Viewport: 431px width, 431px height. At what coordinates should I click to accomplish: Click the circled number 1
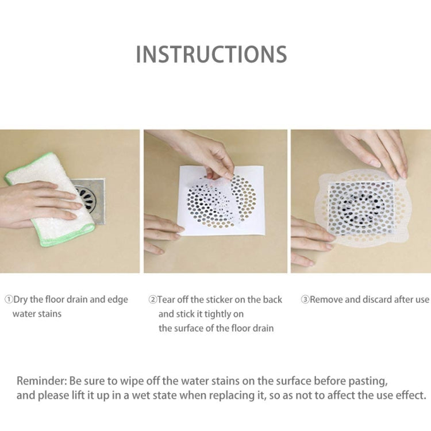[9, 300]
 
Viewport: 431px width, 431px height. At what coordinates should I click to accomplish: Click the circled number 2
[153, 300]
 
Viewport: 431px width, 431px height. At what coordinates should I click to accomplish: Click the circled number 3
[305, 300]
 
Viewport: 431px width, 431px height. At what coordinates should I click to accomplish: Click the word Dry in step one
[22, 300]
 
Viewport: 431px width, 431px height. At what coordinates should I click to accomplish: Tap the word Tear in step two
[168, 300]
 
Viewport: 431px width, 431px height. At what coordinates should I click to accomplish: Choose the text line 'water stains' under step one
[37, 314]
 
